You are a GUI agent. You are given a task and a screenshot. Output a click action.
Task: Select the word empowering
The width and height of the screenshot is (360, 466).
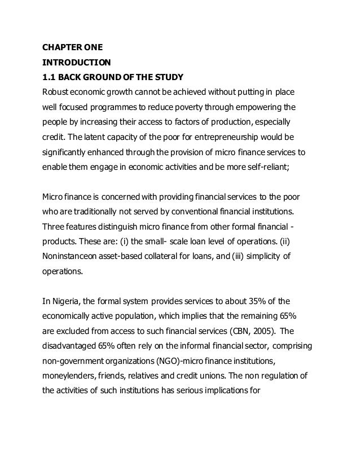(259, 107)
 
